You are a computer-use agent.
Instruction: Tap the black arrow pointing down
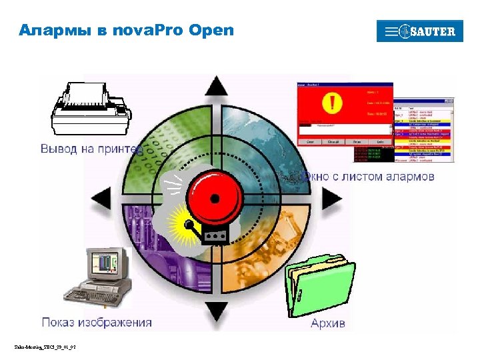tap(216, 310)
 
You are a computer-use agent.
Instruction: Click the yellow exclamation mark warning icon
tap(331, 103)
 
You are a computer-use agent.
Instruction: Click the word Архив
tap(328, 323)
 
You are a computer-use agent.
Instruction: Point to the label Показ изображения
tap(97, 323)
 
